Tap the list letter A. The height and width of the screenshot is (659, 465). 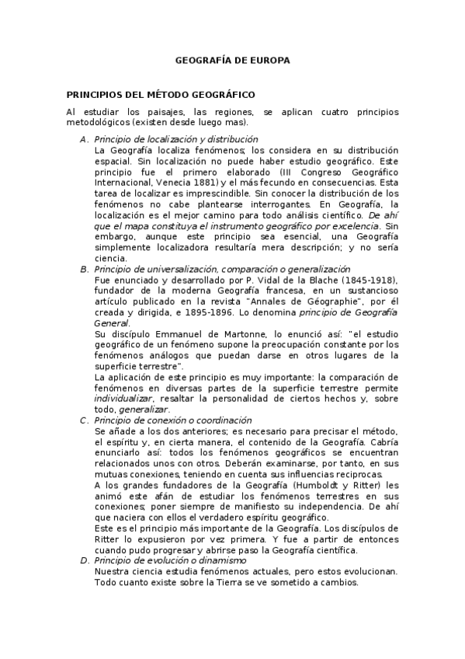83,139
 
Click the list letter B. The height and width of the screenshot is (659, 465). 83,269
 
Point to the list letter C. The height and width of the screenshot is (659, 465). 83,420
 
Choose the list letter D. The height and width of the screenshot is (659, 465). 83,560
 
